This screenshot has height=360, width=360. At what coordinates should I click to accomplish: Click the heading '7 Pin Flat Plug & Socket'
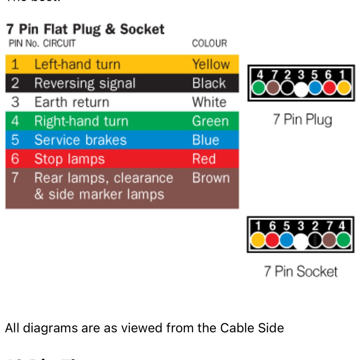pyautogui.click(x=85, y=29)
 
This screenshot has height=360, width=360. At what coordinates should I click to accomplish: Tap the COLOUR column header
pyautogui.click(x=210, y=44)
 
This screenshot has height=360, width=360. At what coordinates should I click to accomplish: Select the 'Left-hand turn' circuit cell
pyautogui.click(x=77, y=64)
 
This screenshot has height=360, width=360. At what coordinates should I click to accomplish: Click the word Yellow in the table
pyautogui.click(x=211, y=64)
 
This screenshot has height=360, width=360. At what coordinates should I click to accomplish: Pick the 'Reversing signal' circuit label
pyautogui.click(x=85, y=83)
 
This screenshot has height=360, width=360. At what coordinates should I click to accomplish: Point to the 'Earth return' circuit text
pyautogui.click(x=72, y=102)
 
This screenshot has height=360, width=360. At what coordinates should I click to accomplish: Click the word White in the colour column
pyautogui.click(x=209, y=102)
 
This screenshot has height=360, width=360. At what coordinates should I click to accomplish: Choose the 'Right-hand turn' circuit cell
pyautogui.click(x=81, y=121)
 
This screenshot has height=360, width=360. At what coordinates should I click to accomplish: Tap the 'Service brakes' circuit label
pyautogui.click(x=80, y=140)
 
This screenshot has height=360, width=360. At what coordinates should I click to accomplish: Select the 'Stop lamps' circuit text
pyautogui.click(x=69, y=159)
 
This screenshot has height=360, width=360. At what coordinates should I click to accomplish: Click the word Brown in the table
pyautogui.click(x=211, y=178)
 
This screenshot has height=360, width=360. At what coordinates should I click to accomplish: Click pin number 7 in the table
pyautogui.click(x=15, y=178)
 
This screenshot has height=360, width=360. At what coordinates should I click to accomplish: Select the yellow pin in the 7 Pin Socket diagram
pyautogui.click(x=258, y=240)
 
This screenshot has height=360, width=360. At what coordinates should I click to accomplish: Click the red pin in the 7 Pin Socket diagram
pyautogui.click(x=272, y=240)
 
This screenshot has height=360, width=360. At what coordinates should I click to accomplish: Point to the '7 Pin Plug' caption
pyautogui.click(x=302, y=120)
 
